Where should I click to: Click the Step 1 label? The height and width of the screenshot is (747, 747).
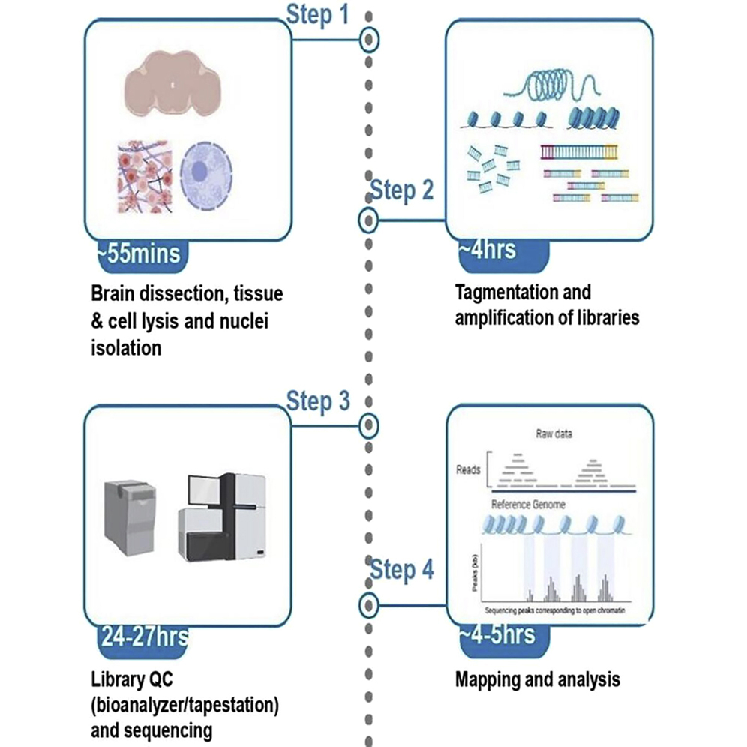coord(318,14)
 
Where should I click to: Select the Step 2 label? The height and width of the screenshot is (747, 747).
coord(402,190)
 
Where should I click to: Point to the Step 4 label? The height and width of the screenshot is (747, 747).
coord(402,571)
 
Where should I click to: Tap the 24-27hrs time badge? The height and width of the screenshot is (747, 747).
coord(143,639)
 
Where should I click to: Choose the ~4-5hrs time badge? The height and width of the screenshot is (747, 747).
coord(499,635)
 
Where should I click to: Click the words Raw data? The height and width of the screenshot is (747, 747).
coord(554,433)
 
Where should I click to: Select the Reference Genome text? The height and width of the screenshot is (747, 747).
coord(527,504)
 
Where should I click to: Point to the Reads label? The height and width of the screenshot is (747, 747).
coord(468,470)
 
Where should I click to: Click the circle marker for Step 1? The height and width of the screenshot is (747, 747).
coord(368,39)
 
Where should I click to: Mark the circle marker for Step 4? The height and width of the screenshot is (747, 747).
coord(368,604)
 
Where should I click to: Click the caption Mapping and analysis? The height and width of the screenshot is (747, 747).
coord(538,680)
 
